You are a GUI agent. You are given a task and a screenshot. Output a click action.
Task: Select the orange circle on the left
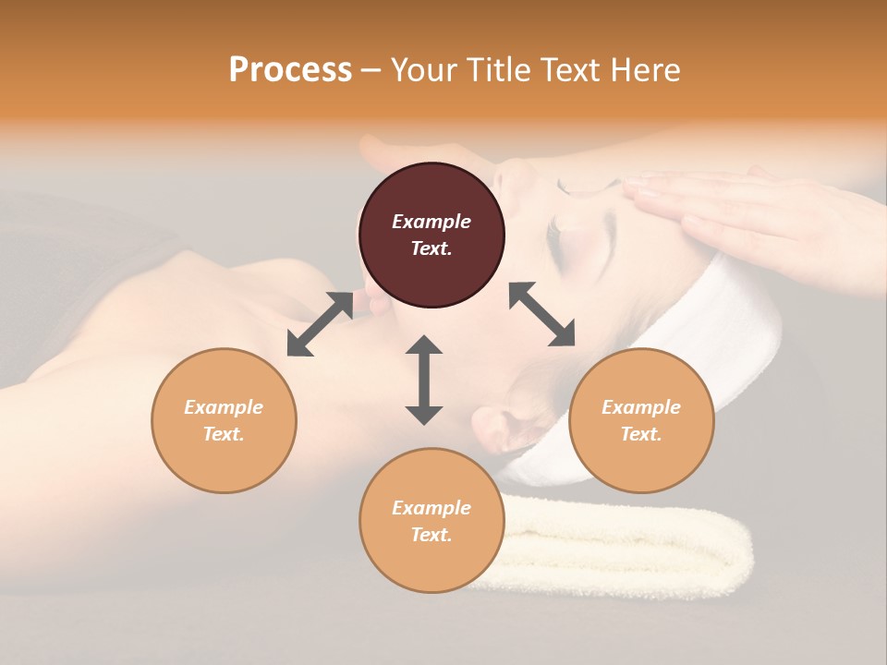pos(224,420)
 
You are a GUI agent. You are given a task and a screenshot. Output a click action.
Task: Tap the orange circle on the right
pos(641,420)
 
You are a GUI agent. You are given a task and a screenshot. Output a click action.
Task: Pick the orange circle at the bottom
pos(431,520)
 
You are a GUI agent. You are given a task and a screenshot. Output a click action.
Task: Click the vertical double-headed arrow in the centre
pos(424,380)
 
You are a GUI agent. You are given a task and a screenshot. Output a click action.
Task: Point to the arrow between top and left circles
pos(320,324)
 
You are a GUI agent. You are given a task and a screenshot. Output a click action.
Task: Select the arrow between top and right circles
pos(542,314)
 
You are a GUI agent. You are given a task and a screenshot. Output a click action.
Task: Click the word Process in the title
pos(290,70)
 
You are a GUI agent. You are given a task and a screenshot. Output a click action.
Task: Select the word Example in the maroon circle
pos(431,222)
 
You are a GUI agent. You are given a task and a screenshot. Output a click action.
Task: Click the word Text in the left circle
pos(224,434)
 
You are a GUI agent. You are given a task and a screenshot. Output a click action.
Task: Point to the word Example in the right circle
pos(641,407)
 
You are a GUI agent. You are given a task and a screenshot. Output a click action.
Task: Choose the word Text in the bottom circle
pos(431,535)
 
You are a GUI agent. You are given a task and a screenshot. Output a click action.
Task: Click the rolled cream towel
pos(628,545)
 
